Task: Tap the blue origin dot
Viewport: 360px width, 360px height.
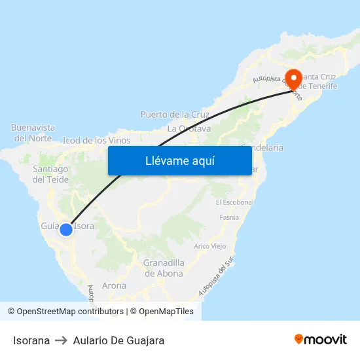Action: point(65,230)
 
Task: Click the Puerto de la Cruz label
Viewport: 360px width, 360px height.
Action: point(175,115)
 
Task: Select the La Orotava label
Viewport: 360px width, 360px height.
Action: point(189,128)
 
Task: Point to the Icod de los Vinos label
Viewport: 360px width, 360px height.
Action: point(96,140)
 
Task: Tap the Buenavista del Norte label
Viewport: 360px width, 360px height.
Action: point(33,132)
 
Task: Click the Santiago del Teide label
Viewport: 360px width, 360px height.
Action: point(50,173)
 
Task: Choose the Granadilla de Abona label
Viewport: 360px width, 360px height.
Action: point(164,268)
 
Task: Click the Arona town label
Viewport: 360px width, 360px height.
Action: point(114,285)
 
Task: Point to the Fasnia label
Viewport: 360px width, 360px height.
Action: point(229,217)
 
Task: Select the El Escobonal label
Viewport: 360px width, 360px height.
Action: point(234,202)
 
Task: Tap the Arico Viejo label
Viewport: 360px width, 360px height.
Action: point(210,246)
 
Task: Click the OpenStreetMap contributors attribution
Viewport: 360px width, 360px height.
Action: point(70,312)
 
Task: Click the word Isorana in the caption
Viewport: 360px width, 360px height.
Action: point(31,340)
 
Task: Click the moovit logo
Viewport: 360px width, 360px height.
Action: point(321,340)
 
